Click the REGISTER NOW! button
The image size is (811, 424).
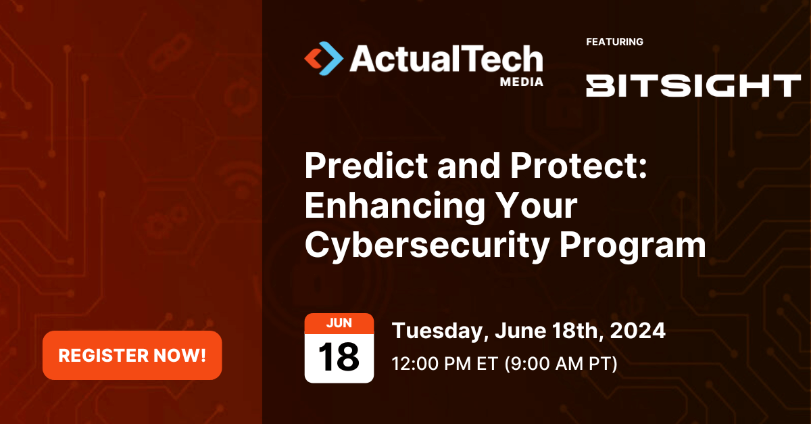click(x=132, y=355)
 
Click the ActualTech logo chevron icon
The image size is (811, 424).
click(x=323, y=58)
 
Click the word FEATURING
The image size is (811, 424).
click(x=614, y=42)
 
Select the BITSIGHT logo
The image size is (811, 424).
click(x=693, y=86)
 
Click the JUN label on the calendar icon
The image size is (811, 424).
click(x=339, y=323)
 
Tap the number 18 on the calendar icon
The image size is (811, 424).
click(x=339, y=358)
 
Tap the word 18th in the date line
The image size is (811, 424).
click(x=573, y=331)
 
